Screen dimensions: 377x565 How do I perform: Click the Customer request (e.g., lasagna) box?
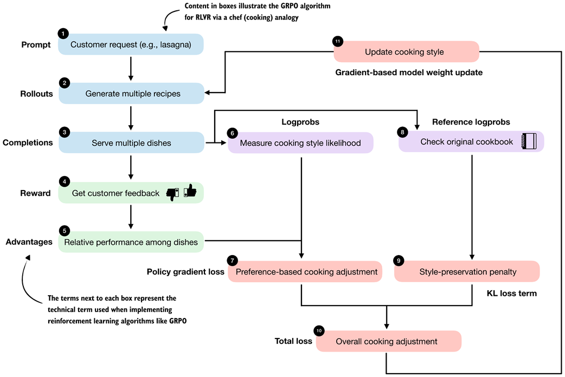pyautogui.click(x=131, y=44)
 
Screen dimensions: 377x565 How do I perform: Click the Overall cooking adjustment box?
pyautogui.click(x=388, y=341)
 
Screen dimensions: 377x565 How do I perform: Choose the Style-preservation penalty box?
pyautogui.click(x=467, y=271)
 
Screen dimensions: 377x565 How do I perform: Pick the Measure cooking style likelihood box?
pyautogui.click(x=301, y=143)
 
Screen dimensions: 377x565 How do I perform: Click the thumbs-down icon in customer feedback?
pyautogui.click(x=173, y=193)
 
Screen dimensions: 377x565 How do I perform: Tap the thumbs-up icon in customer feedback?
pyautogui.click(x=190, y=192)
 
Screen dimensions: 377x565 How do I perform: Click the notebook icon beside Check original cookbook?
pyautogui.click(x=529, y=142)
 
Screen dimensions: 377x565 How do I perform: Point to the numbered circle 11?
pyautogui.click(x=338, y=42)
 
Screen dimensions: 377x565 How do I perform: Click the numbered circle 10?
pyautogui.click(x=318, y=330)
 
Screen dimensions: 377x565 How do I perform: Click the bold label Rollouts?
pyautogui.click(x=37, y=94)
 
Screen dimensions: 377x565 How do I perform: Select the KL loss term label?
pyautogui.click(x=511, y=293)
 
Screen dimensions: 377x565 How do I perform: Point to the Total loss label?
pyautogui.click(x=293, y=341)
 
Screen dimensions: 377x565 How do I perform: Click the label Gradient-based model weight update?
pyautogui.click(x=408, y=72)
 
